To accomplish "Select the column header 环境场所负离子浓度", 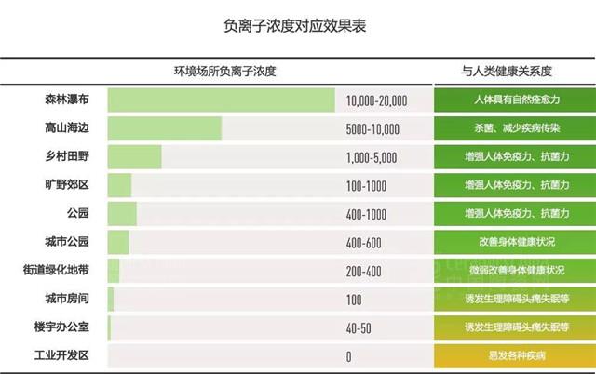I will click(225, 71).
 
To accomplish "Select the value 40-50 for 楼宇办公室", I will click(359, 328).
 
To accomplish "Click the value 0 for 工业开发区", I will click(348, 357).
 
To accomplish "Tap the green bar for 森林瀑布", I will click(221, 100).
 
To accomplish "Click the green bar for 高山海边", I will click(164, 128).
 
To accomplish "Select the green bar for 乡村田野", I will click(134, 156).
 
